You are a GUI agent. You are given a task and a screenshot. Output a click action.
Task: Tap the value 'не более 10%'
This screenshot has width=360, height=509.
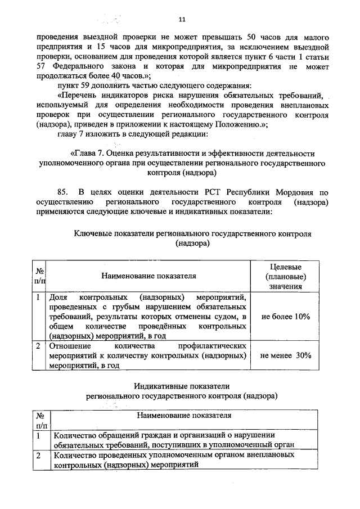(x=286, y=317)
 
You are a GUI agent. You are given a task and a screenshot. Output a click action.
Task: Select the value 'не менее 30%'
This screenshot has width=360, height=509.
(x=286, y=355)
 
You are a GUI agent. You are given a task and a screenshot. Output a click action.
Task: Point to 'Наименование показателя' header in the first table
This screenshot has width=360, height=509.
(x=148, y=276)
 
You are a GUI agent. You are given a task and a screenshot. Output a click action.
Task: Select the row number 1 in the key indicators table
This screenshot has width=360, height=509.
(x=38, y=297)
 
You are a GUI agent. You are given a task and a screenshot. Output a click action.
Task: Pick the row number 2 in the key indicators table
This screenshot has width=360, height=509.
(x=38, y=346)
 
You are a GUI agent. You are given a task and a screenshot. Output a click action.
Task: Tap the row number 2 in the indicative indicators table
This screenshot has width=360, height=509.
(x=38, y=456)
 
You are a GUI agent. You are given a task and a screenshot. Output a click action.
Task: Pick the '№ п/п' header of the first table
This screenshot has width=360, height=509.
(x=40, y=276)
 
